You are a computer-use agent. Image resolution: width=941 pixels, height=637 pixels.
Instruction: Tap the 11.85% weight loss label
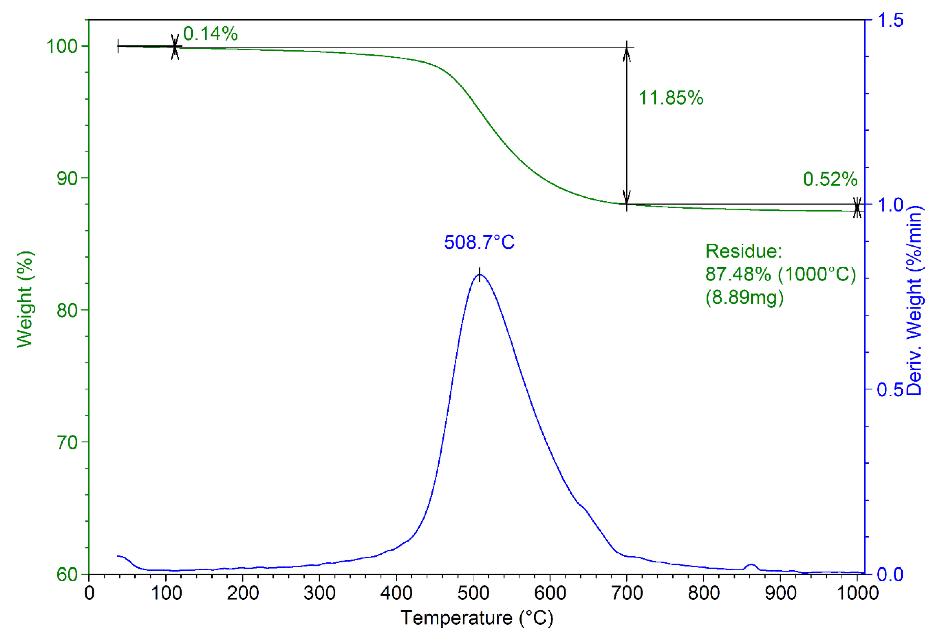pos(671,98)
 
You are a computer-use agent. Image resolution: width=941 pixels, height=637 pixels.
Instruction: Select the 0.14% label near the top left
pos(210,34)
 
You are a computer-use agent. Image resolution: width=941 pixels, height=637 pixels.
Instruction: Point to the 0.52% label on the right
pos(830,179)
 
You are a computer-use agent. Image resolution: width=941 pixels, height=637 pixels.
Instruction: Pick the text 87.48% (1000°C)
pos(780,274)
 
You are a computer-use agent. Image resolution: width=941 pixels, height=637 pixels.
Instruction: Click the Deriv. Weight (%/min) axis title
pos(914,300)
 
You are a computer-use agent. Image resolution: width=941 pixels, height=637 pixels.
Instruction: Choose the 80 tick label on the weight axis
pos(67,311)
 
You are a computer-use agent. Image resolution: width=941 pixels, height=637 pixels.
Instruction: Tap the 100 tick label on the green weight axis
pos(62,46)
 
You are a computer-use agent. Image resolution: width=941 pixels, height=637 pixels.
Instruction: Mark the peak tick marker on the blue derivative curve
pos(479,274)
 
